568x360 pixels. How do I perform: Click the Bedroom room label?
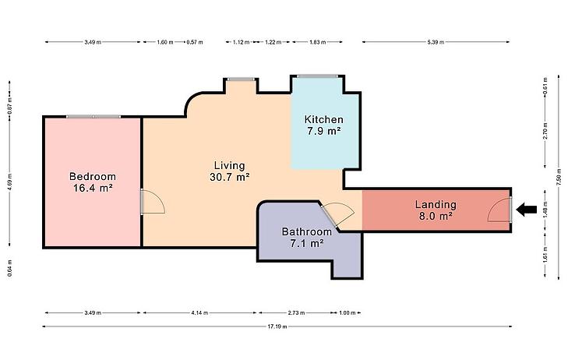tap(93, 177)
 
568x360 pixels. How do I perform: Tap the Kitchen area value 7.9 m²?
tap(324, 131)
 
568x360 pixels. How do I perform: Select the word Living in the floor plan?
tap(230, 165)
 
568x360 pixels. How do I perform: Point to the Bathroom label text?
tap(307, 231)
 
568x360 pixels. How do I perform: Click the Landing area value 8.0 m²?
tap(436, 216)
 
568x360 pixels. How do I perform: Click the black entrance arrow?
tap(527, 210)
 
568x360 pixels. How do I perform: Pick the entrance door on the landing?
tap(510, 210)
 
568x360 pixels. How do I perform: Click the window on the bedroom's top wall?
tap(93, 117)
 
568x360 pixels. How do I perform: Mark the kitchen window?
tap(317, 76)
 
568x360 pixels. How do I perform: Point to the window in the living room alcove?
tap(241, 79)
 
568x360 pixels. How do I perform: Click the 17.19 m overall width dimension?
tap(277, 326)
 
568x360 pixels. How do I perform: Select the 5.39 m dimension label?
tap(436, 42)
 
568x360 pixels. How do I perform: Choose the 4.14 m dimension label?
tap(199, 312)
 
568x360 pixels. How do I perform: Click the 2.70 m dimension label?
tap(545, 131)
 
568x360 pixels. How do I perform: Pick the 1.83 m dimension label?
tap(317, 42)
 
